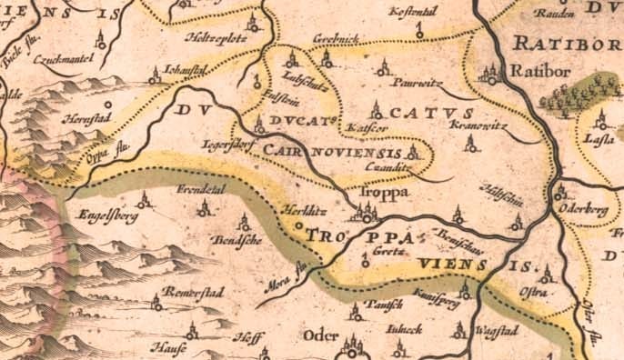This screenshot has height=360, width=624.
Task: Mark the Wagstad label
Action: pos(497,331)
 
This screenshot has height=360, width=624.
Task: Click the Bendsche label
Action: pos(236,240)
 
